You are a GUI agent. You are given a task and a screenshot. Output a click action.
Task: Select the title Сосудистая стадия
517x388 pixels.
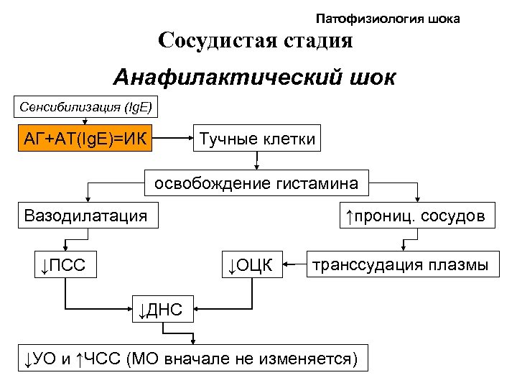pyautogui.click(x=256, y=40)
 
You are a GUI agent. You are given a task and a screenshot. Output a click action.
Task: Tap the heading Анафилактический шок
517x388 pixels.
pyautogui.click(x=254, y=78)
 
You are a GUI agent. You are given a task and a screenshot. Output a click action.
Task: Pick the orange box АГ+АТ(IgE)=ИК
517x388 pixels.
pyautogui.click(x=87, y=138)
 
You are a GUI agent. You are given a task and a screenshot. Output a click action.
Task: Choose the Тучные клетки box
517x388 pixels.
pyautogui.click(x=257, y=138)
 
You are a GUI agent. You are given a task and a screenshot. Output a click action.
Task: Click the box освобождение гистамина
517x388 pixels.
pyautogui.click(x=257, y=183)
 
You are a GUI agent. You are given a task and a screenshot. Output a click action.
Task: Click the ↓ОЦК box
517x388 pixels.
pyautogui.click(x=251, y=266)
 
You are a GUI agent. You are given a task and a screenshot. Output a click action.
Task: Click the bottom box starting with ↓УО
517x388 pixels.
pyautogui.click(x=192, y=358)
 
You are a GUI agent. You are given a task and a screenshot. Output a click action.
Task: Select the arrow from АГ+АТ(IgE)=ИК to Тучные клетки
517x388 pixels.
pyautogui.click(x=174, y=138)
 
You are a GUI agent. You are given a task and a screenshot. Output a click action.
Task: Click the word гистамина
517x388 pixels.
pyautogui.click(x=319, y=183)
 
